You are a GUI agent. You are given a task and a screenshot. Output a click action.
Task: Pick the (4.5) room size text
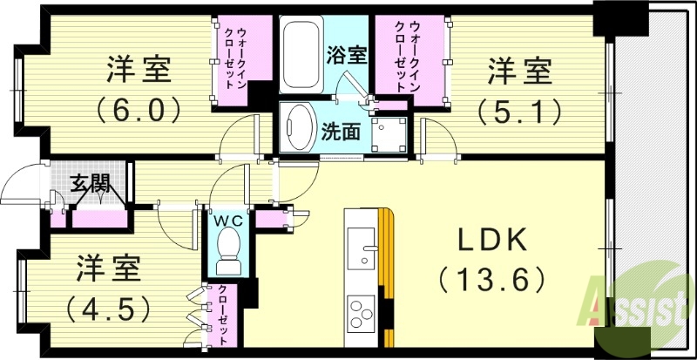[109, 307]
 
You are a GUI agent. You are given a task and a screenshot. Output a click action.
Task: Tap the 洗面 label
[341, 132]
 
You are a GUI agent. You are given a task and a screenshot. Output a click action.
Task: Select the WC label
[228, 220]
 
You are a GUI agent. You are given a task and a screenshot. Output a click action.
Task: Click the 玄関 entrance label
[90, 183]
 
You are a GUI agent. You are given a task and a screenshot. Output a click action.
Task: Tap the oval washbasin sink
[301, 128]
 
